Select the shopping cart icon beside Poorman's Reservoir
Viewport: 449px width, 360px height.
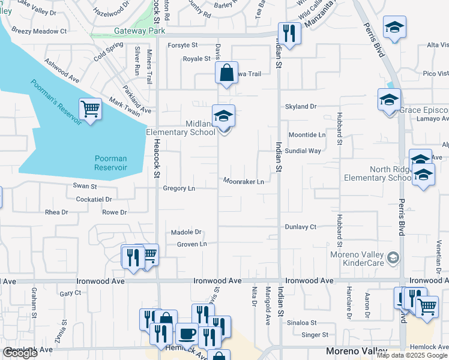90,110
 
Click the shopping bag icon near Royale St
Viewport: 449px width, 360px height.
227,73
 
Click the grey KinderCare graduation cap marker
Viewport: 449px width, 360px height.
393,258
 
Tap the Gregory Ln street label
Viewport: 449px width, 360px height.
179,188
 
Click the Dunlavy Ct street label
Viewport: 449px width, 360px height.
300,227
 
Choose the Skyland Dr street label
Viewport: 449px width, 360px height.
301,106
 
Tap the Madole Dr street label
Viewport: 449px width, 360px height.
186,232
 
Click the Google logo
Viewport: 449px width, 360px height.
20,353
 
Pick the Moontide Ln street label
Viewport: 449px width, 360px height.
307,135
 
